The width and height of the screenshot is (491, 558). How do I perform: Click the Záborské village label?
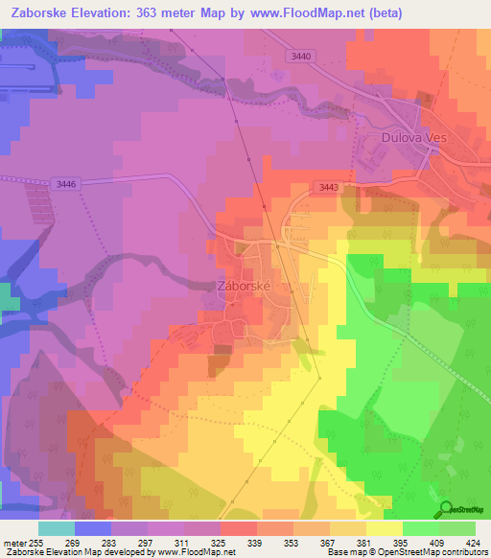pyautogui.click(x=246, y=286)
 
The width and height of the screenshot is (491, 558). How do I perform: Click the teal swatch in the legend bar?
pyautogui.click(x=56, y=527)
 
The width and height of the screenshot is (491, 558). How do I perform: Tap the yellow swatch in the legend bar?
pyautogui.click(x=383, y=527)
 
